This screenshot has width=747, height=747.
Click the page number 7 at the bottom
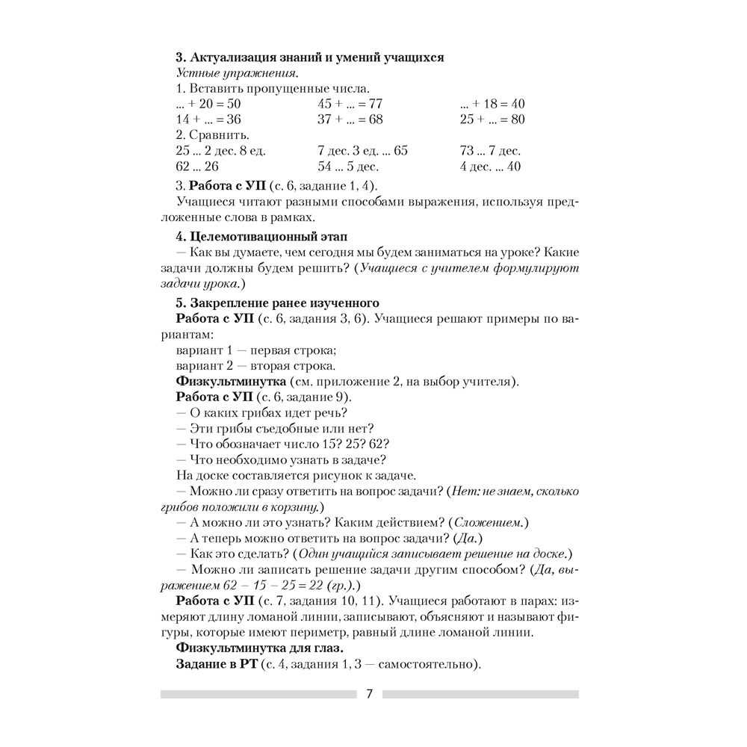pyautogui.click(x=369, y=693)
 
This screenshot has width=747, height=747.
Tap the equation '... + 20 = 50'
pyautogui.click(x=208, y=104)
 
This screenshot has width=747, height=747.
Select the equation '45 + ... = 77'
pyautogui.click(x=350, y=104)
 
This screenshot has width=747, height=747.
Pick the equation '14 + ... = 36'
pyautogui.click(x=208, y=120)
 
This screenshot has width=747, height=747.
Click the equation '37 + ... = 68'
pyautogui.click(x=350, y=120)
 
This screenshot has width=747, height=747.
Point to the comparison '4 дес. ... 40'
pyautogui.click(x=490, y=167)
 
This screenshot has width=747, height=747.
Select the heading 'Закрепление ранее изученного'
pyautogui.click(x=278, y=303)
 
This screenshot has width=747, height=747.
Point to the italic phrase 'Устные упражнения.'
pyautogui.click(x=237, y=73)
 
